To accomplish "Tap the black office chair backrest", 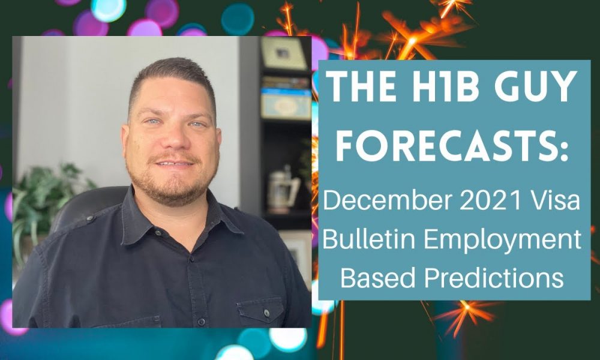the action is pyautogui.click(x=89, y=206).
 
